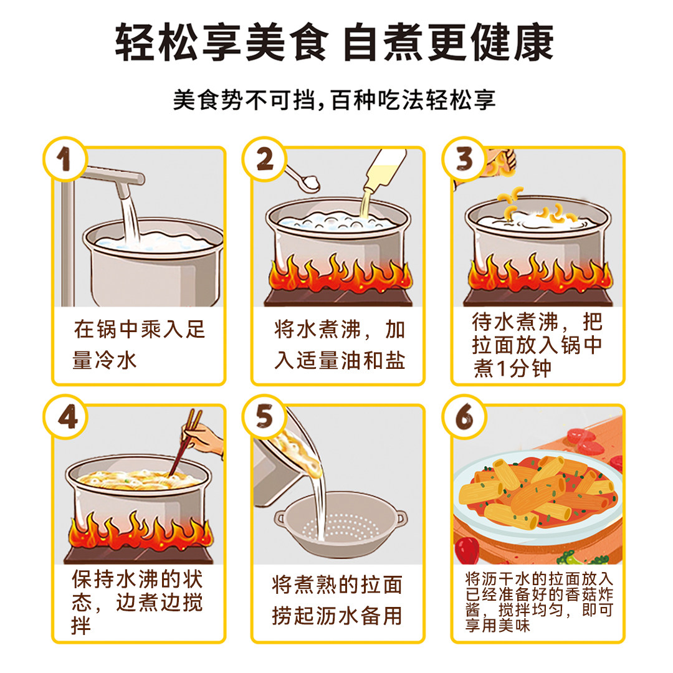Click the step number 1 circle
pyautogui.click(x=65, y=159)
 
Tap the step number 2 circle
pyautogui.click(x=264, y=159)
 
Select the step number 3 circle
pyautogui.click(x=464, y=159)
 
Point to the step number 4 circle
pyautogui.click(x=65, y=416)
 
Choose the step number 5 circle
pyautogui.click(x=264, y=416)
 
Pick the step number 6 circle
pyautogui.click(x=464, y=416)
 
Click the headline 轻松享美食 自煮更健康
pyautogui.click(x=335, y=43)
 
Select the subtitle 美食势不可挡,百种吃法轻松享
pyautogui.click(x=335, y=100)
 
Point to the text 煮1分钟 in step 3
pyautogui.click(x=512, y=368)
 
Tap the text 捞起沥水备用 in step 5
pyautogui.click(x=337, y=616)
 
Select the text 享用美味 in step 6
pyautogui.click(x=498, y=626)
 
